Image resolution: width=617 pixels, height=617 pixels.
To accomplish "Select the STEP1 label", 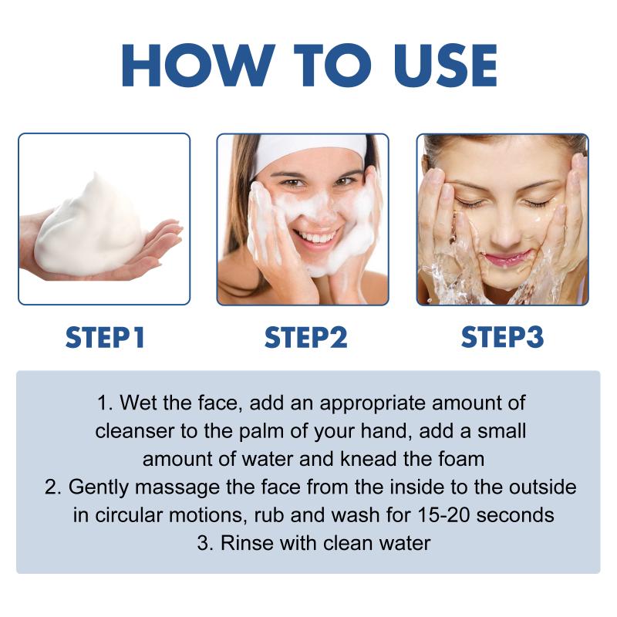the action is (105, 337).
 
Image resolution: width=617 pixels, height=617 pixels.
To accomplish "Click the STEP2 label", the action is (305, 337).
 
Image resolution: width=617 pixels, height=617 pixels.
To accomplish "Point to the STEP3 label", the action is (502, 337).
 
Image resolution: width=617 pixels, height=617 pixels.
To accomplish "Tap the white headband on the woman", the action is (311, 153).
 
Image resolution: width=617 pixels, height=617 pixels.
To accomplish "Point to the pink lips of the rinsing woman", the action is (507, 258).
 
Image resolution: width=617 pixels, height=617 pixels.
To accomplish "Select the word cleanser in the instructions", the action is (135, 431).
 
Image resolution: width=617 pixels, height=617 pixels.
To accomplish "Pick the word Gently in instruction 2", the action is (99, 488).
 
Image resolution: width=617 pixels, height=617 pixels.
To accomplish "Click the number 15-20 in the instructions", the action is (444, 515).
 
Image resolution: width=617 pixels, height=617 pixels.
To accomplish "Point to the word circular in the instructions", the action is (129, 515).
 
